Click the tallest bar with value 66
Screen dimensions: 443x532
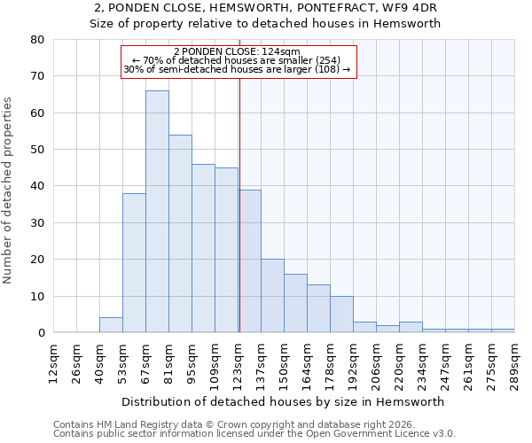pyautogui.click(x=157, y=212)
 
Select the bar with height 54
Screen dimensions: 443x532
pyautogui.click(x=180, y=234)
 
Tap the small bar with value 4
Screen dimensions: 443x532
pyautogui.click(x=111, y=325)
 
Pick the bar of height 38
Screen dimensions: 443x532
pyautogui.click(x=134, y=263)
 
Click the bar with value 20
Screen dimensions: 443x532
pyautogui.click(x=272, y=296)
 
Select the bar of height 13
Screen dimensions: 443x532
pyautogui.click(x=318, y=308)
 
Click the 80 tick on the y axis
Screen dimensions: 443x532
pyautogui.click(x=37, y=40)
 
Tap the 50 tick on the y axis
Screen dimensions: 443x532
pyautogui.click(x=37, y=150)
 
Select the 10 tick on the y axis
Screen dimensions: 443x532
pyautogui.click(x=37, y=296)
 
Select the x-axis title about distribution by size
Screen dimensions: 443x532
pyautogui.click(x=282, y=401)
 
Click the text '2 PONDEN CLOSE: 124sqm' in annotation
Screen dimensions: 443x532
pyautogui.click(x=237, y=52)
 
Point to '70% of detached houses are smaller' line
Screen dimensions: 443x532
pyautogui.click(x=237, y=60)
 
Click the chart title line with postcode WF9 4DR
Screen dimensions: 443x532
pyautogui.click(x=265, y=8)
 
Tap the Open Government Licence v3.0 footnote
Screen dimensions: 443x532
pyautogui.click(x=254, y=433)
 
